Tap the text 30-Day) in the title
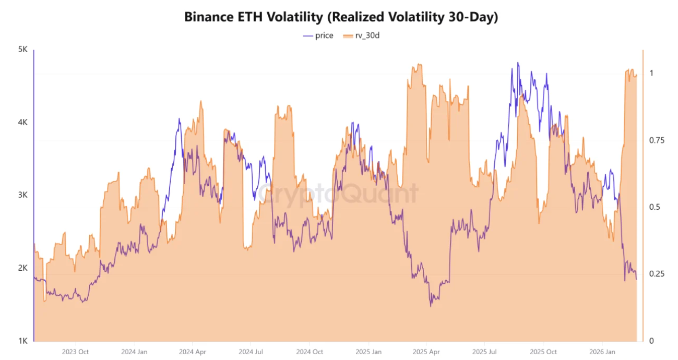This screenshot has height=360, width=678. pyautogui.click(x=471, y=17)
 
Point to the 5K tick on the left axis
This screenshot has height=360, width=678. pyautogui.click(x=22, y=50)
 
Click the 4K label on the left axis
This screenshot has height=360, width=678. pyautogui.click(x=22, y=123)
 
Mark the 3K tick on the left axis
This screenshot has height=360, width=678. pyautogui.click(x=22, y=195)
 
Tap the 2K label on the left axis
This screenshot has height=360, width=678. pyautogui.click(x=22, y=268)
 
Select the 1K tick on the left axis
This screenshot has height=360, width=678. pyautogui.click(x=22, y=341)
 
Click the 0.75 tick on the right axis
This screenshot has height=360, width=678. pyautogui.click(x=654, y=140)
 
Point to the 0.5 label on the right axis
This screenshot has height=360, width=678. pyautogui.click(x=652, y=207)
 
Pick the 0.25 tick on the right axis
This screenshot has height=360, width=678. pyautogui.click(x=654, y=274)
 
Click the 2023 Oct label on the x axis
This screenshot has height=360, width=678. pyautogui.click(x=75, y=352)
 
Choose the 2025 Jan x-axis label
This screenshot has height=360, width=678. pyautogui.click(x=368, y=352)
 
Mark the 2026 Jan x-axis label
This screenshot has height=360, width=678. pyautogui.click(x=602, y=352)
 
